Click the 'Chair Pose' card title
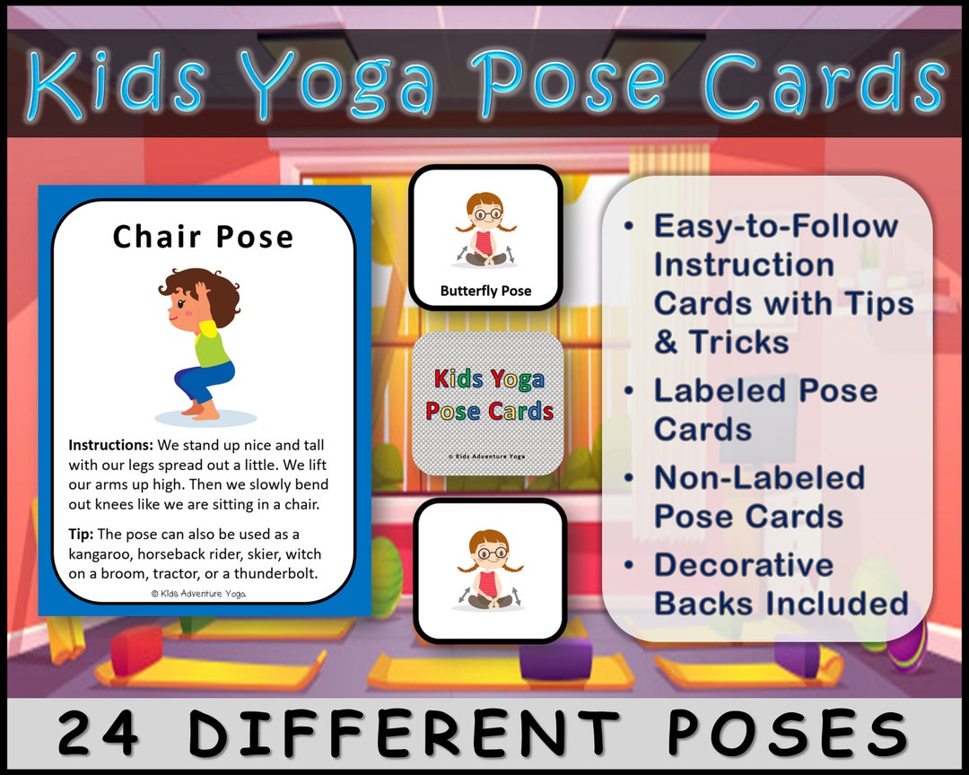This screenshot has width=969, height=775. pos(203,237)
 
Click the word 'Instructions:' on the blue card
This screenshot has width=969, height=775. pos(109,445)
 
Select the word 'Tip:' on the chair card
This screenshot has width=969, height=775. pos(81,535)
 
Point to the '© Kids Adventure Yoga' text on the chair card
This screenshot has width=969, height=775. pos(198,593)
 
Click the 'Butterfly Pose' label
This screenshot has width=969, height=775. pos(485,291)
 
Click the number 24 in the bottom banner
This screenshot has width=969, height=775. pos(98,734)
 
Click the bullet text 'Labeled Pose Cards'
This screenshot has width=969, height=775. pos(764,409)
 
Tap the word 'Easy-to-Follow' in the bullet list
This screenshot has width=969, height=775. pos(775,225)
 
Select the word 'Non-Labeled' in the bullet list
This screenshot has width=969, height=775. pos(758,477)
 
